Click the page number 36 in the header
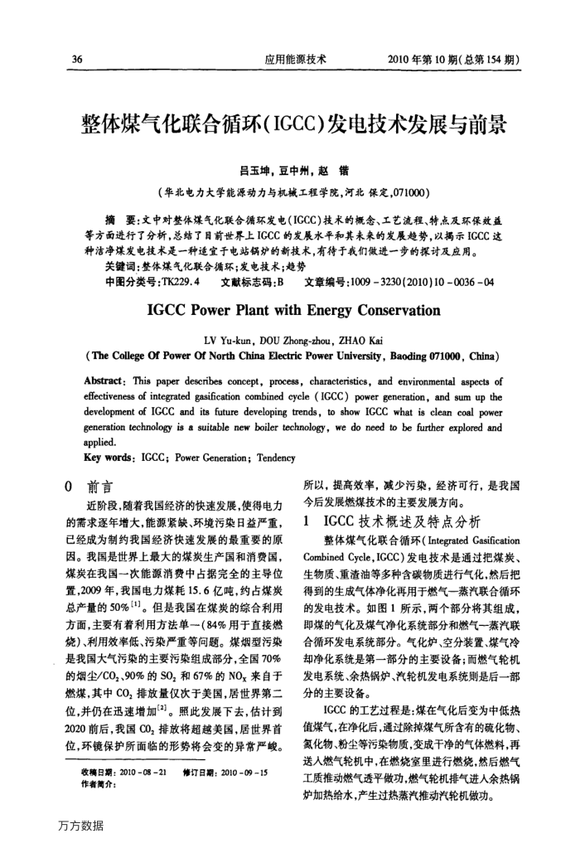pyautogui.click(x=78, y=60)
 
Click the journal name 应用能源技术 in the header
pyautogui.click(x=295, y=60)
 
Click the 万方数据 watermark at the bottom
pyautogui.click(x=82, y=825)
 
